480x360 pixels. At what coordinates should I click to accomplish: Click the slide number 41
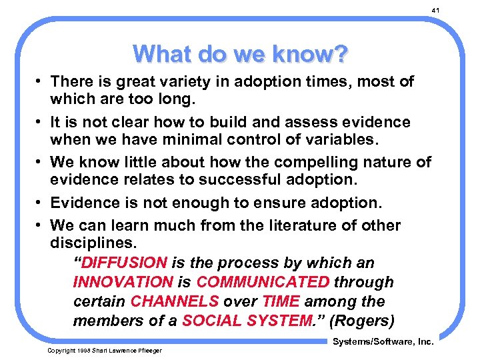pyautogui.click(x=436, y=11)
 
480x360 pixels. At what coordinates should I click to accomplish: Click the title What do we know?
pyautogui.click(x=239, y=53)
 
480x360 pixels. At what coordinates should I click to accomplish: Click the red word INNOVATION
pyautogui.click(x=123, y=282)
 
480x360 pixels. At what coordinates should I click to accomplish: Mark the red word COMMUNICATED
pyautogui.click(x=263, y=282)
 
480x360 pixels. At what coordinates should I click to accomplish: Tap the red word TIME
pyautogui.click(x=280, y=301)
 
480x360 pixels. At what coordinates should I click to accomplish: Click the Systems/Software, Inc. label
pyautogui.click(x=383, y=342)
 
